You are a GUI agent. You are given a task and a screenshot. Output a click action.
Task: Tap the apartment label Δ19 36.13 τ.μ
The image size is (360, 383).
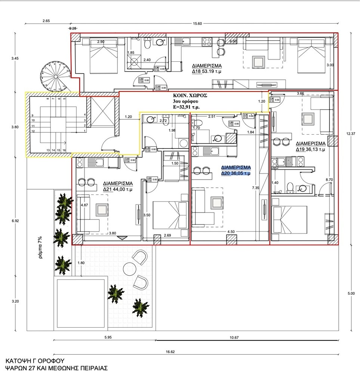tap(310, 146)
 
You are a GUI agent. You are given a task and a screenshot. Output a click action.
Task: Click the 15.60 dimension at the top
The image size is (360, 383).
tap(197, 24)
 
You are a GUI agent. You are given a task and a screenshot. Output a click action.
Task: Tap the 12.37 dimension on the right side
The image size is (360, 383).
tap(350, 134)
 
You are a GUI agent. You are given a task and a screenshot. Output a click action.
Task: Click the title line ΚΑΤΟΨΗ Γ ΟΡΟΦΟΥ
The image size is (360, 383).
tap(32, 361)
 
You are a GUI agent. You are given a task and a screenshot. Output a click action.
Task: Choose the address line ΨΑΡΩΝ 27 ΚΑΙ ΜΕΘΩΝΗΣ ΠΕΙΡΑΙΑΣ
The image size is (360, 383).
tap(56, 368)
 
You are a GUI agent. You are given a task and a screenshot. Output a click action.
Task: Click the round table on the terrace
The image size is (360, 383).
tap(129, 269)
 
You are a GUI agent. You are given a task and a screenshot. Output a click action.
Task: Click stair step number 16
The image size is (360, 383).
tap(65, 150)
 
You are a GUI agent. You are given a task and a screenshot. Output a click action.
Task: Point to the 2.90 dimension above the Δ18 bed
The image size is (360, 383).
tap(101, 42)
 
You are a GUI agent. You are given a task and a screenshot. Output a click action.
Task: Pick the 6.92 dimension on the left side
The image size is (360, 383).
tap(15, 221)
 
